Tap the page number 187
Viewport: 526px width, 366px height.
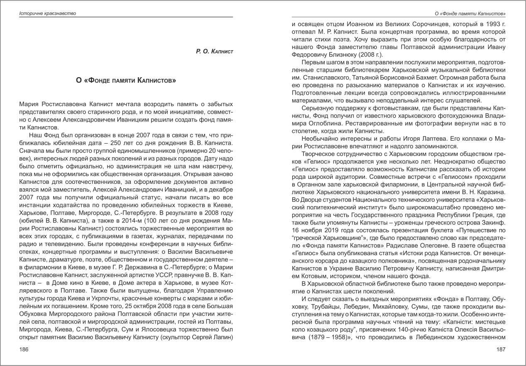click(x=501, y=349)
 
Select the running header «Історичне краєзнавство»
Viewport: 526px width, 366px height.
click(x=48, y=14)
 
